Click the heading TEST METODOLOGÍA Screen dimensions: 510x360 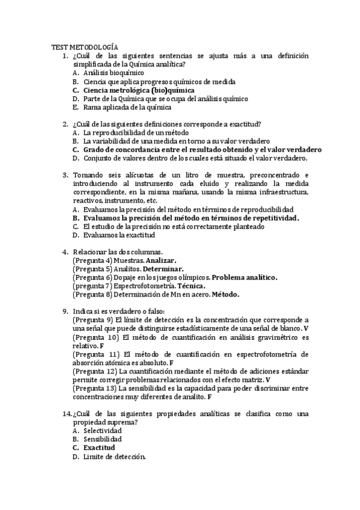click(x=85, y=47)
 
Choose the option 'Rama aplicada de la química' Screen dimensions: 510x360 click(x=127, y=108)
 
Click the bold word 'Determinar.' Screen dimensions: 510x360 click(x=163, y=269)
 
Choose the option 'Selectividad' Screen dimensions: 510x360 click(x=103, y=431)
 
